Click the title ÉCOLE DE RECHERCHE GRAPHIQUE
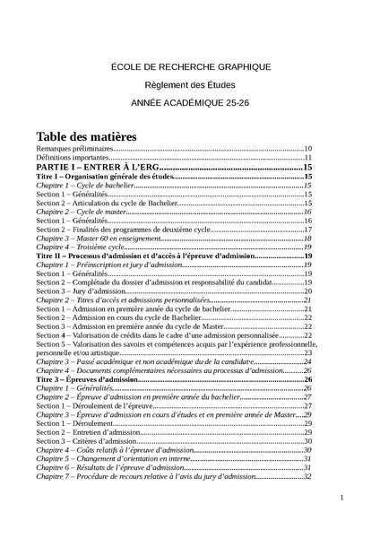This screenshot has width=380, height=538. pos(189,67)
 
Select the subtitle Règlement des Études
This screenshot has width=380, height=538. pos(189,85)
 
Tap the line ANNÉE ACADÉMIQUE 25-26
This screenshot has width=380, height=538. pos(189,103)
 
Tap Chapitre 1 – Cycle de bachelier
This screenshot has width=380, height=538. pos(80,185)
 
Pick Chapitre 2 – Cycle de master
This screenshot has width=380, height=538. pos(76,211)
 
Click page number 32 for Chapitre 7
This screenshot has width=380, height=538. pos(307,476)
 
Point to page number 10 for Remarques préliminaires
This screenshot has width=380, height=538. pos(307,148)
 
